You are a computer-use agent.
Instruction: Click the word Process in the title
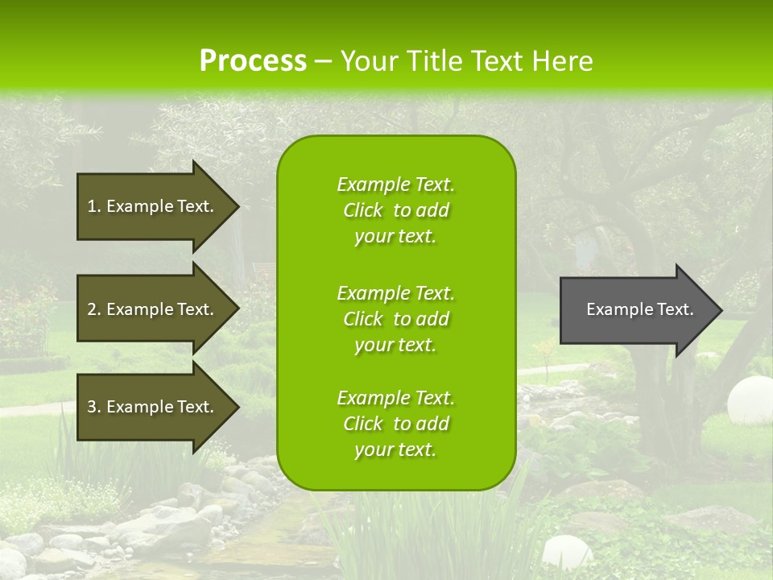[x=253, y=61]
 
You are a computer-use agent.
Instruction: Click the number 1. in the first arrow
[x=94, y=206]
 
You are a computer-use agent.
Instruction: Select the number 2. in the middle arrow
[x=94, y=309]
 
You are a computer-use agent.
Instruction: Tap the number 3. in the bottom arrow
[x=94, y=407]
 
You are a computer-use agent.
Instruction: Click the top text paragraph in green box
[x=395, y=210]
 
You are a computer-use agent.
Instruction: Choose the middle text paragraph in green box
[x=395, y=319]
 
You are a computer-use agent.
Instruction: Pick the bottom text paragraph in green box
[x=395, y=424]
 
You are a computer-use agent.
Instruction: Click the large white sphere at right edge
[x=750, y=400]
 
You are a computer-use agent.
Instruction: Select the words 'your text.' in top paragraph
[x=395, y=236]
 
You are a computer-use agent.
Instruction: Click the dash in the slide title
[x=324, y=61]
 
